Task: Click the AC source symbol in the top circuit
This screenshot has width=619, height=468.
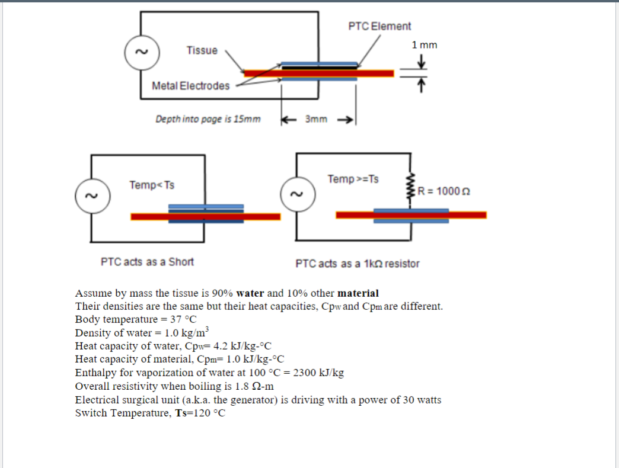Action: tap(141, 52)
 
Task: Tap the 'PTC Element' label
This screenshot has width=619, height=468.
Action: tap(379, 26)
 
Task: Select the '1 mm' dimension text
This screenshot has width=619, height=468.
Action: tap(424, 45)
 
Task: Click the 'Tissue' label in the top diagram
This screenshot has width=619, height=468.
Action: tap(202, 50)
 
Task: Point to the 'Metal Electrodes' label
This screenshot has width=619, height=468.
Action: tap(190, 86)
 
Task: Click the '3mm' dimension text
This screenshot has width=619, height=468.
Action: tap(316, 119)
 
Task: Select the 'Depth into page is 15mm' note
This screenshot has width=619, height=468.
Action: tap(208, 119)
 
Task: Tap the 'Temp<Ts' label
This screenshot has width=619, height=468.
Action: tap(152, 185)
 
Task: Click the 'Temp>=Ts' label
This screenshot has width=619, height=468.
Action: tap(353, 178)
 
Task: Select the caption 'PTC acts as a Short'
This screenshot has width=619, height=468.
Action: tap(147, 261)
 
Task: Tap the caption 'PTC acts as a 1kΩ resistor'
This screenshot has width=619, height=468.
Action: tap(357, 263)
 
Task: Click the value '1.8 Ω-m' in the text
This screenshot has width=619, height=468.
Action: tap(253, 386)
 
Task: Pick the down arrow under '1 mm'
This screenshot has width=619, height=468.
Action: tap(422, 61)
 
